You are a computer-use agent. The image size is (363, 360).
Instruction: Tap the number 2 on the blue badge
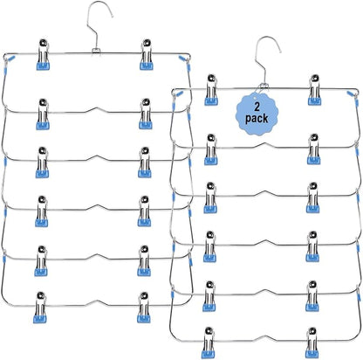coord(257,107)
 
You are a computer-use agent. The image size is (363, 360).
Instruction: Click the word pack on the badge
coord(257,119)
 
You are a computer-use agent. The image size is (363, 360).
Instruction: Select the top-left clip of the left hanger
coord(43,54)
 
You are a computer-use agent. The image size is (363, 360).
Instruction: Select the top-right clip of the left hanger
coord(147,54)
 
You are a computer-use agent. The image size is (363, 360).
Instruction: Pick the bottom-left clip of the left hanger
coord(40,308)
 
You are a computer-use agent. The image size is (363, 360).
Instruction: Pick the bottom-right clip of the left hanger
coord(144,308)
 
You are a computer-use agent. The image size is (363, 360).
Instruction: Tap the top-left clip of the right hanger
coord(211,90)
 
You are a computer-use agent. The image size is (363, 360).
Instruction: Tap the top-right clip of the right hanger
coord(315,90)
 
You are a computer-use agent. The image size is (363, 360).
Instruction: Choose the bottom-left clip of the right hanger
coord(209,343)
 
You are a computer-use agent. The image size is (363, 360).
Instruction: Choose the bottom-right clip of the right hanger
coord(312,343)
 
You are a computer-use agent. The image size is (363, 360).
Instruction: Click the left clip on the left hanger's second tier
coord(43,114)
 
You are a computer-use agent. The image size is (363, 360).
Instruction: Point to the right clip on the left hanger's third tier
coord(145,163)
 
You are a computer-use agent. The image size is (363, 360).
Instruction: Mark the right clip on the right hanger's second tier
coord(314,149)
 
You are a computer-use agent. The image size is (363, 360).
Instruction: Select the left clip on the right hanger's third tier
coord(210,197)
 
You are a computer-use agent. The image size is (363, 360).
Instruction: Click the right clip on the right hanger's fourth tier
coord(312,246)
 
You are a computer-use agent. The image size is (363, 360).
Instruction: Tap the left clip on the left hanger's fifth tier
coord(41,261)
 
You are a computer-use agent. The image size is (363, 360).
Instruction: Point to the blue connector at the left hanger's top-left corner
coord(11,59)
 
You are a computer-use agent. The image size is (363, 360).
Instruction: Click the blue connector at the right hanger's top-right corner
coord(351,93)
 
